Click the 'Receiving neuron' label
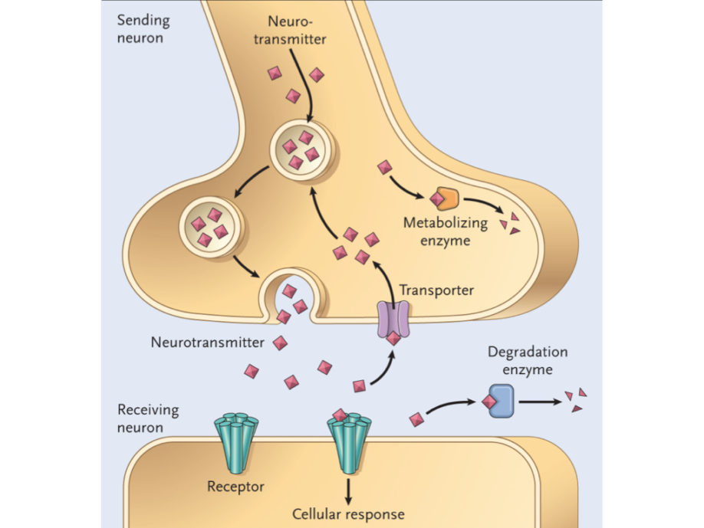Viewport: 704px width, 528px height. click(148, 418)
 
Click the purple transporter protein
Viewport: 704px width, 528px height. click(393, 320)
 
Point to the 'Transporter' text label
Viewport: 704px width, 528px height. click(436, 290)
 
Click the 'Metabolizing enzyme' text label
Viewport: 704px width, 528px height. click(444, 232)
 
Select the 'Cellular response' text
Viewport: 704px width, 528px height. click(350, 513)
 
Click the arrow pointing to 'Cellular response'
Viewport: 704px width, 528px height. click(350, 489)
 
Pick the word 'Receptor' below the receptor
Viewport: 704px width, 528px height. click(235, 487)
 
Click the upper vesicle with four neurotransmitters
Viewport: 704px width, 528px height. click(300, 147)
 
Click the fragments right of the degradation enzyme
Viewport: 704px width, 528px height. click(576, 400)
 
